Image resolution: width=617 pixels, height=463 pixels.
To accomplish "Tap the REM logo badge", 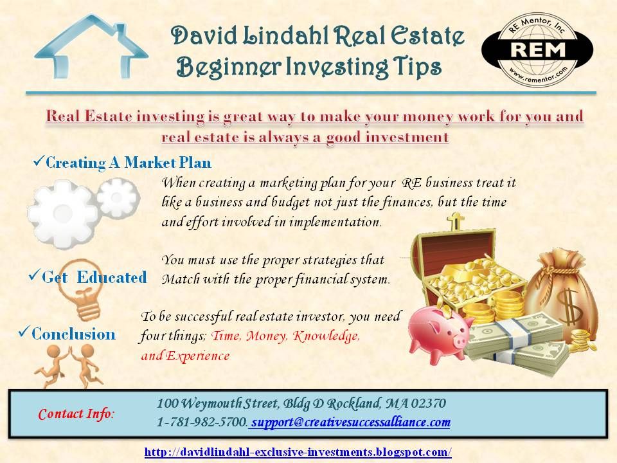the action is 537,50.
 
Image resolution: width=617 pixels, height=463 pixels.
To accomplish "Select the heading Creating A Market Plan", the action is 129,163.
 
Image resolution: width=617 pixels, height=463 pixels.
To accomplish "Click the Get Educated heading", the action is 94,277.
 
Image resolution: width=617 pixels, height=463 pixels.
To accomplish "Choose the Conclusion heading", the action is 73,334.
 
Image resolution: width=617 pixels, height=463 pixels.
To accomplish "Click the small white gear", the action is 118,197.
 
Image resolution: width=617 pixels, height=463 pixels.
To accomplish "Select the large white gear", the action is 63,215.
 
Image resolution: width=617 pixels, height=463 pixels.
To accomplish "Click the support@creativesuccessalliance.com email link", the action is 351,422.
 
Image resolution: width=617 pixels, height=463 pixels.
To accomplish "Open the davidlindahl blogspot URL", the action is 298,451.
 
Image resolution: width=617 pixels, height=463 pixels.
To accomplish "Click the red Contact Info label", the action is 76,413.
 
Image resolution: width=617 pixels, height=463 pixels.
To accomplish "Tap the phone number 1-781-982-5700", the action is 202,422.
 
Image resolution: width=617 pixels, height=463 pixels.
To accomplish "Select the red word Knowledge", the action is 326,336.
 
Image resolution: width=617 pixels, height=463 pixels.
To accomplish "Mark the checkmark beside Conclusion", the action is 24,332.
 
